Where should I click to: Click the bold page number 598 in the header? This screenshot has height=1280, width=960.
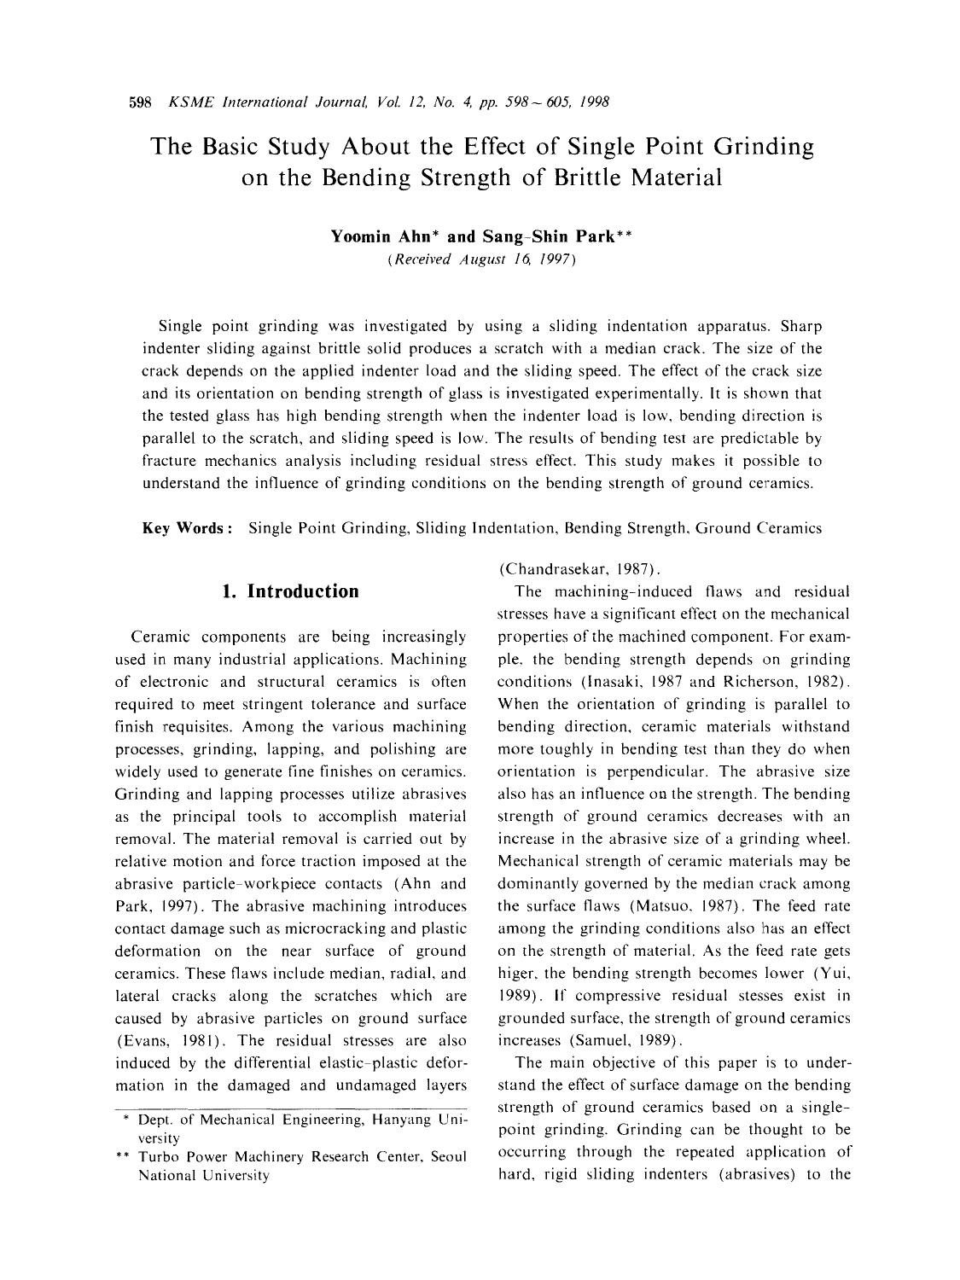(x=139, y=103)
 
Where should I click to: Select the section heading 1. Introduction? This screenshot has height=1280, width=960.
(x=290, y=591)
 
